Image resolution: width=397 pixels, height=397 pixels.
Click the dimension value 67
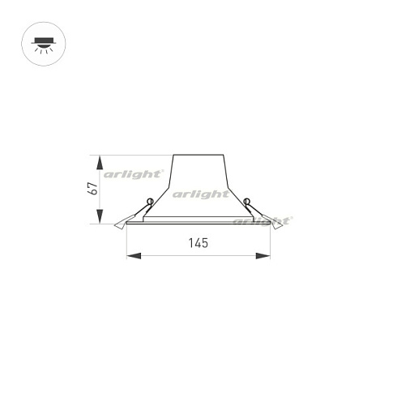93,189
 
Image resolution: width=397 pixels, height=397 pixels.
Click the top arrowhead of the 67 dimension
100,159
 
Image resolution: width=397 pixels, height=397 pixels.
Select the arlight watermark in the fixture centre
200,194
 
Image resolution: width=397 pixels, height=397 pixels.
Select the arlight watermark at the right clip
262,220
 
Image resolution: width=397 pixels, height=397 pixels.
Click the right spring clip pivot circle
246,203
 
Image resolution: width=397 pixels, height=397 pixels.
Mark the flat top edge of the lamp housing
198,155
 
